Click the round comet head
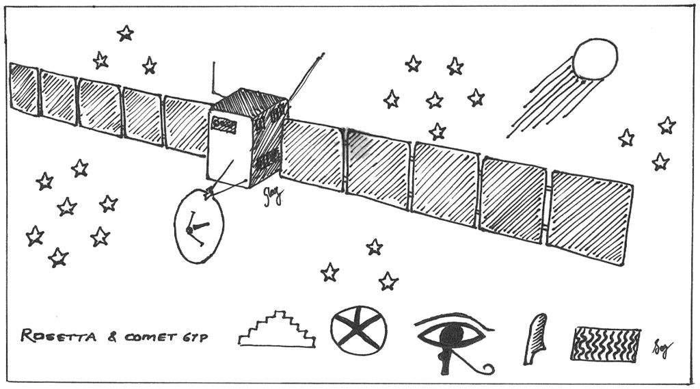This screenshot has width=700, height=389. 595,59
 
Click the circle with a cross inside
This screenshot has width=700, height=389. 358,330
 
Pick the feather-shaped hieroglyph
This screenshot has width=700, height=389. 535,338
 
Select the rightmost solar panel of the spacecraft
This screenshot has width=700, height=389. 591,216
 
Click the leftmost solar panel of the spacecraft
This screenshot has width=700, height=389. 24,88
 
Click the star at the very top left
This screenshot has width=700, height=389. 125,33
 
